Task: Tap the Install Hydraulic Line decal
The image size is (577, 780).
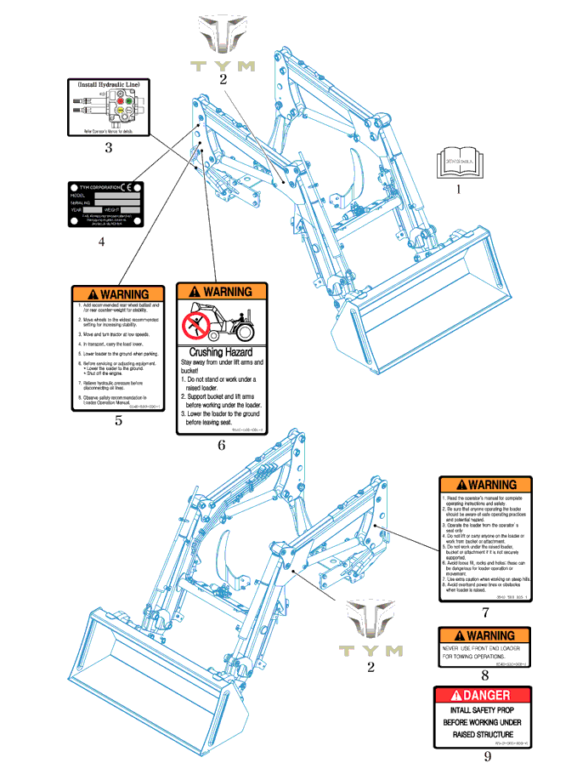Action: click(x=109, y=108)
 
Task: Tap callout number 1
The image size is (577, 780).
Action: click(x=459, y=189)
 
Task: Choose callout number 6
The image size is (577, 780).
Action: click(x=221, y=444)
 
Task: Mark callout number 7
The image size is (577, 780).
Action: click(x=484, y=612)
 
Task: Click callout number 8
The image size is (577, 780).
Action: click(x=484, y=676)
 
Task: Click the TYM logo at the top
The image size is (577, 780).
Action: click(x=223, y=44)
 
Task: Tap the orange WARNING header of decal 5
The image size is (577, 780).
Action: click(x=119, y=294)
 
